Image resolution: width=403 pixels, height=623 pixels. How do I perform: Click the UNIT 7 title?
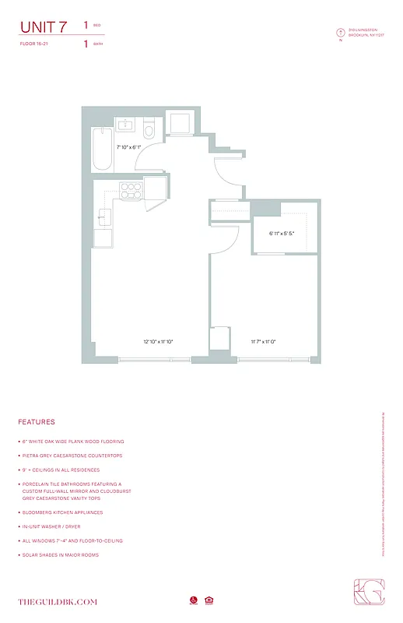tap(43, 26)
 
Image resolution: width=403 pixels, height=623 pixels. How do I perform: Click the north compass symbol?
tap(339, 33)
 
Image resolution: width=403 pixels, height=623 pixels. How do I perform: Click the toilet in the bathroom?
tap(149, 130)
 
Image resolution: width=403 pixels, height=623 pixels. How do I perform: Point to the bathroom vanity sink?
tap(125, 125)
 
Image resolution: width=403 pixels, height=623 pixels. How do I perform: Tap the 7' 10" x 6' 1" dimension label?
tap(128, 146)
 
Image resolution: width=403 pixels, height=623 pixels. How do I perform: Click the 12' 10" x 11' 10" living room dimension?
tap(158, 341)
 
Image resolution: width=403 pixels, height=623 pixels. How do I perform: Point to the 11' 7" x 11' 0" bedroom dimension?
tap(263, 341)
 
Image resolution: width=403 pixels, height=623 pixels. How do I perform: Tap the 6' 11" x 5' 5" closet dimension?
tap(282, 233)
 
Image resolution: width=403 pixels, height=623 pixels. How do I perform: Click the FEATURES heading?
tap(37, 422)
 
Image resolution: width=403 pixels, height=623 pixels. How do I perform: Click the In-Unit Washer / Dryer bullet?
tap(58, 526)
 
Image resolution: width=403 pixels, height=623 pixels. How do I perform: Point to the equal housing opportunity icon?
tap(209, 600)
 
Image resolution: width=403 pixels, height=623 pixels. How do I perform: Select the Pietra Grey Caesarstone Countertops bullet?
tap(71, 456)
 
